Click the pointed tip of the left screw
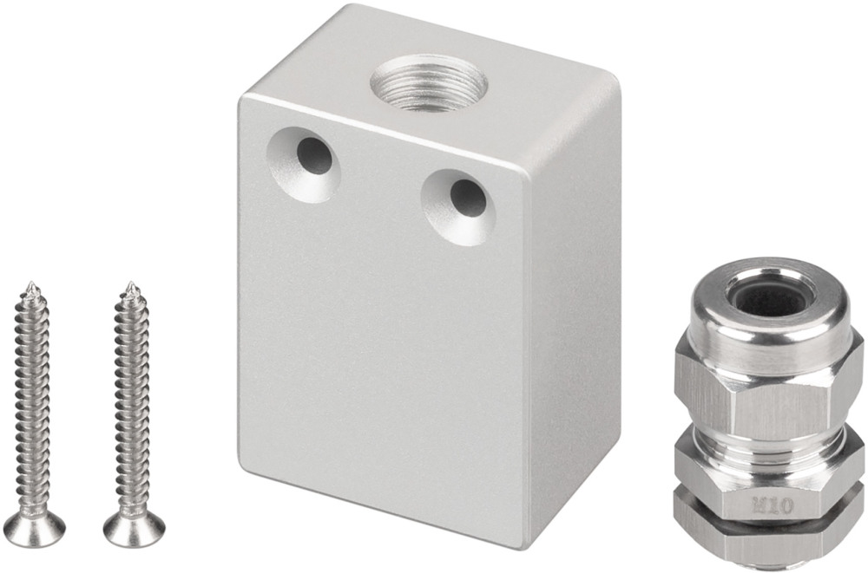(32, 284)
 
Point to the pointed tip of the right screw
(131, 284)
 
